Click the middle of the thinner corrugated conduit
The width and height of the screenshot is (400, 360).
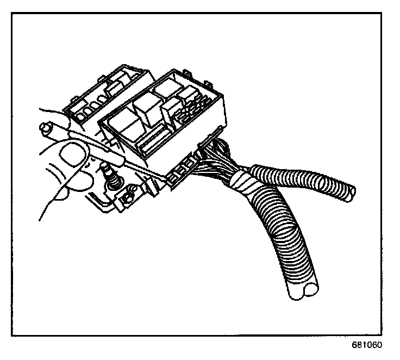[x=304, y=179]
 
